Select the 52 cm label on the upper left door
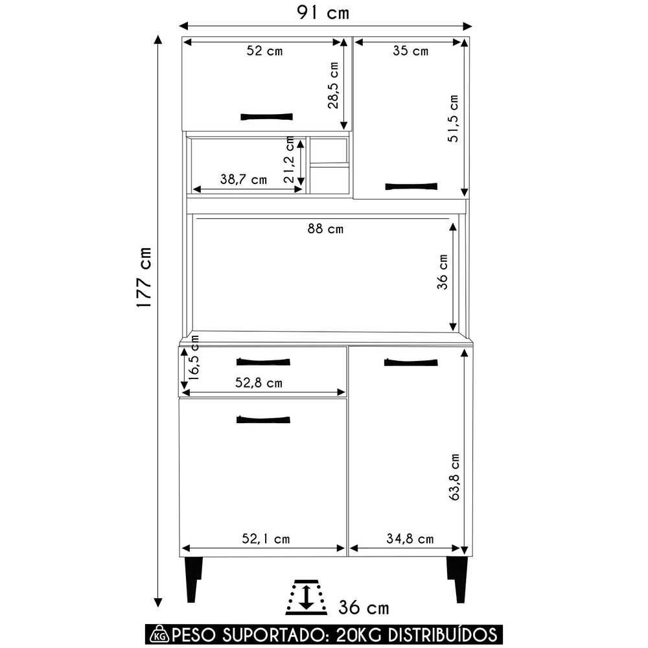(264, 51)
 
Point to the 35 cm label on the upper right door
(410, 51)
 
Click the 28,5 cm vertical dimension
(333, 85)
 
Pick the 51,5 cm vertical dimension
(454, 119)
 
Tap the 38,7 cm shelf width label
(244, 180)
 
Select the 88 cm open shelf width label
(325, 229)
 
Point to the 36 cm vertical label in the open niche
(443, 272)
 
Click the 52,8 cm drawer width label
(259, 383)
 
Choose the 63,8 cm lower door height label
(455, 476)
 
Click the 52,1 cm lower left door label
(266, 538)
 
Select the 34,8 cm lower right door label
(410, 538)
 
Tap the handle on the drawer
(263, 361)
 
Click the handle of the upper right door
(411, 187)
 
